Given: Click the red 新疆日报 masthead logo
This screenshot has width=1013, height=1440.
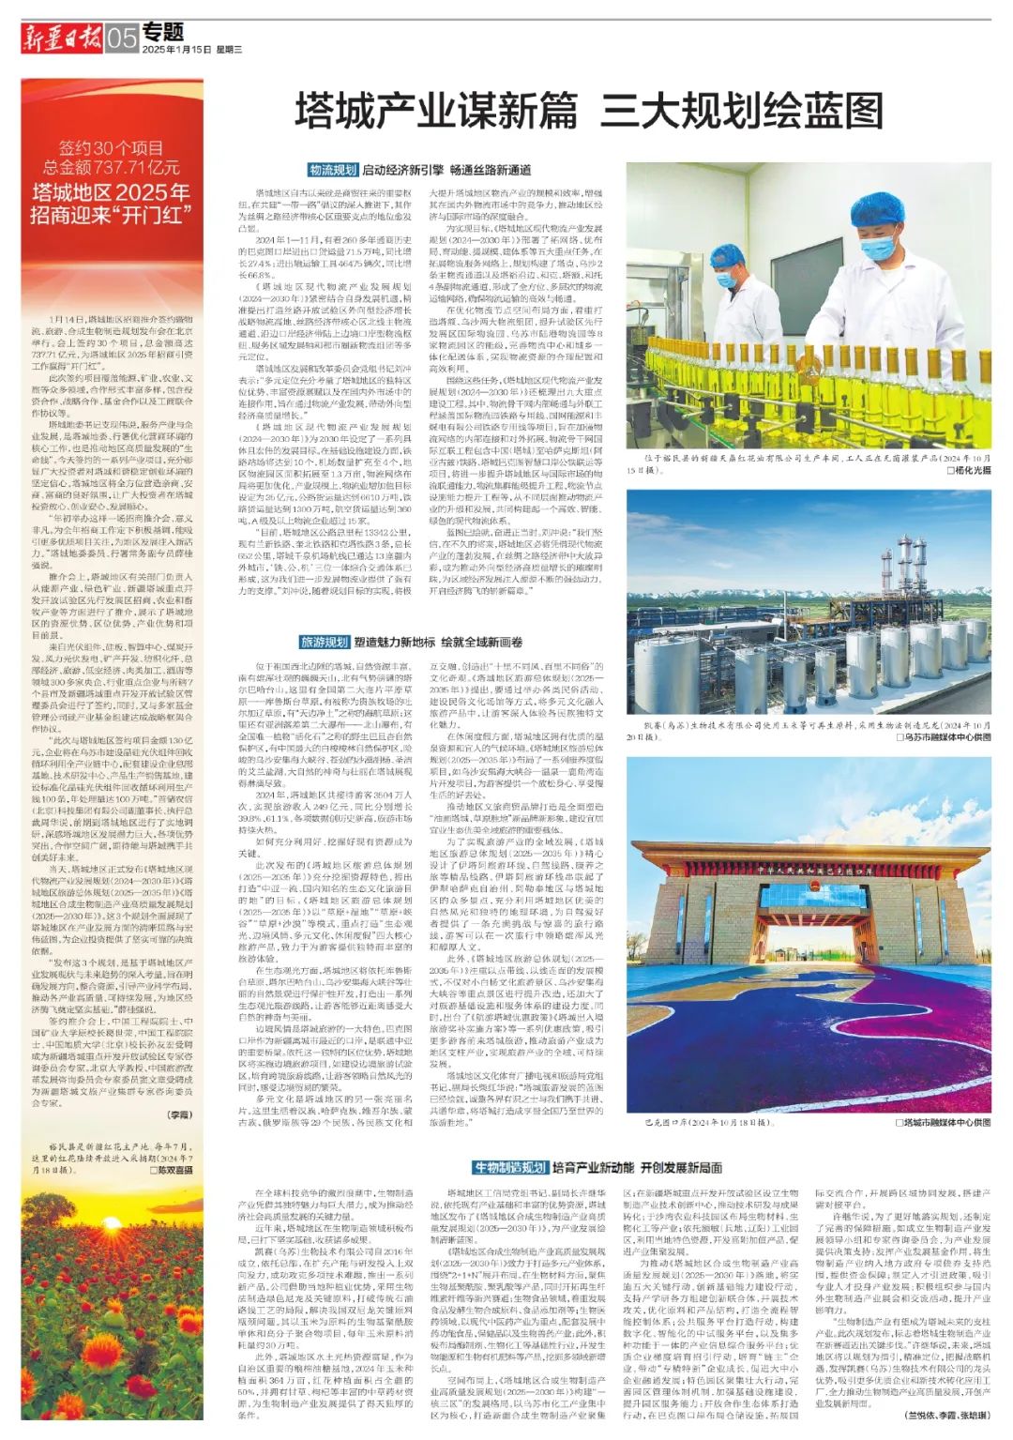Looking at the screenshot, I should (63, 38).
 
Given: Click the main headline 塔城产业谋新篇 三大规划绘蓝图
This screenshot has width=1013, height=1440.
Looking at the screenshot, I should (590, 111).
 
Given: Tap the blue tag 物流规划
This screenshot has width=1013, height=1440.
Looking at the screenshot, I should (333, 170).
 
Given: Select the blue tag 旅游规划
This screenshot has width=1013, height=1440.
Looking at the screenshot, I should (324, 643).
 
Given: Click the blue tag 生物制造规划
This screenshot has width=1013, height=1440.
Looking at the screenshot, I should (509, 1167).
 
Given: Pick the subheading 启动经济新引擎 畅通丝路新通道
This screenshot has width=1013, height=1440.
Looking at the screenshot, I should (446, 170).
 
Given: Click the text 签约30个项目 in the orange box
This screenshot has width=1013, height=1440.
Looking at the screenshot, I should (111, 147).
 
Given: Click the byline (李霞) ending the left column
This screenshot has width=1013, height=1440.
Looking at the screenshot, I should (178, 1114).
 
